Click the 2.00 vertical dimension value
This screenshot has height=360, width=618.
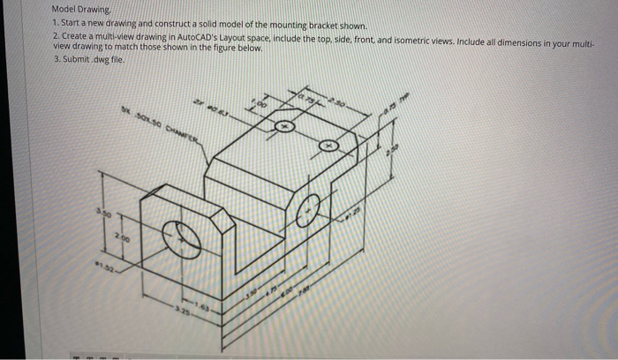(x=129, y=238)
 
